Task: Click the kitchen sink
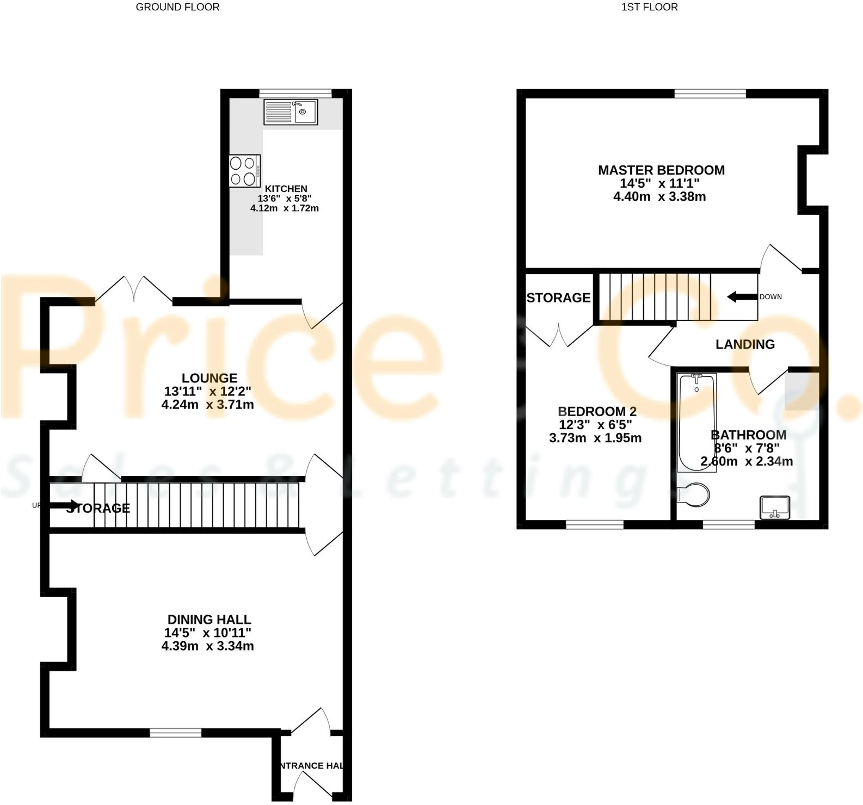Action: coord(291,112)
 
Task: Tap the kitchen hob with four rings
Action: coord(244,171)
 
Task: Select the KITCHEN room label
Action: coord(286,189)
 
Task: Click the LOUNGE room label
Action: coord(209,378)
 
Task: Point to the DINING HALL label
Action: coord(209,620)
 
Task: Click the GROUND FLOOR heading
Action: coord(177,7)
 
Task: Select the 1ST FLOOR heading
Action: coord(649,7)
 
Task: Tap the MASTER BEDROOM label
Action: coord(661,170)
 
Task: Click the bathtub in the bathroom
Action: coord(696,422)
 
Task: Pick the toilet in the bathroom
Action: coord(695,495)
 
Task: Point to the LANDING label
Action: coord(745,344)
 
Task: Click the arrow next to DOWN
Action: coord(742,297)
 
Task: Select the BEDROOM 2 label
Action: coord(597,412)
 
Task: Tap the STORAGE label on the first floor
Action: coord(558,298)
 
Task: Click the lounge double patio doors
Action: coord(134,291)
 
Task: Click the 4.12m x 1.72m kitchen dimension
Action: coord(285,208)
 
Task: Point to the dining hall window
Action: coord(175,733)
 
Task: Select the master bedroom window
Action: coord(710,94)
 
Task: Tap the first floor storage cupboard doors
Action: coord(559,336)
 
